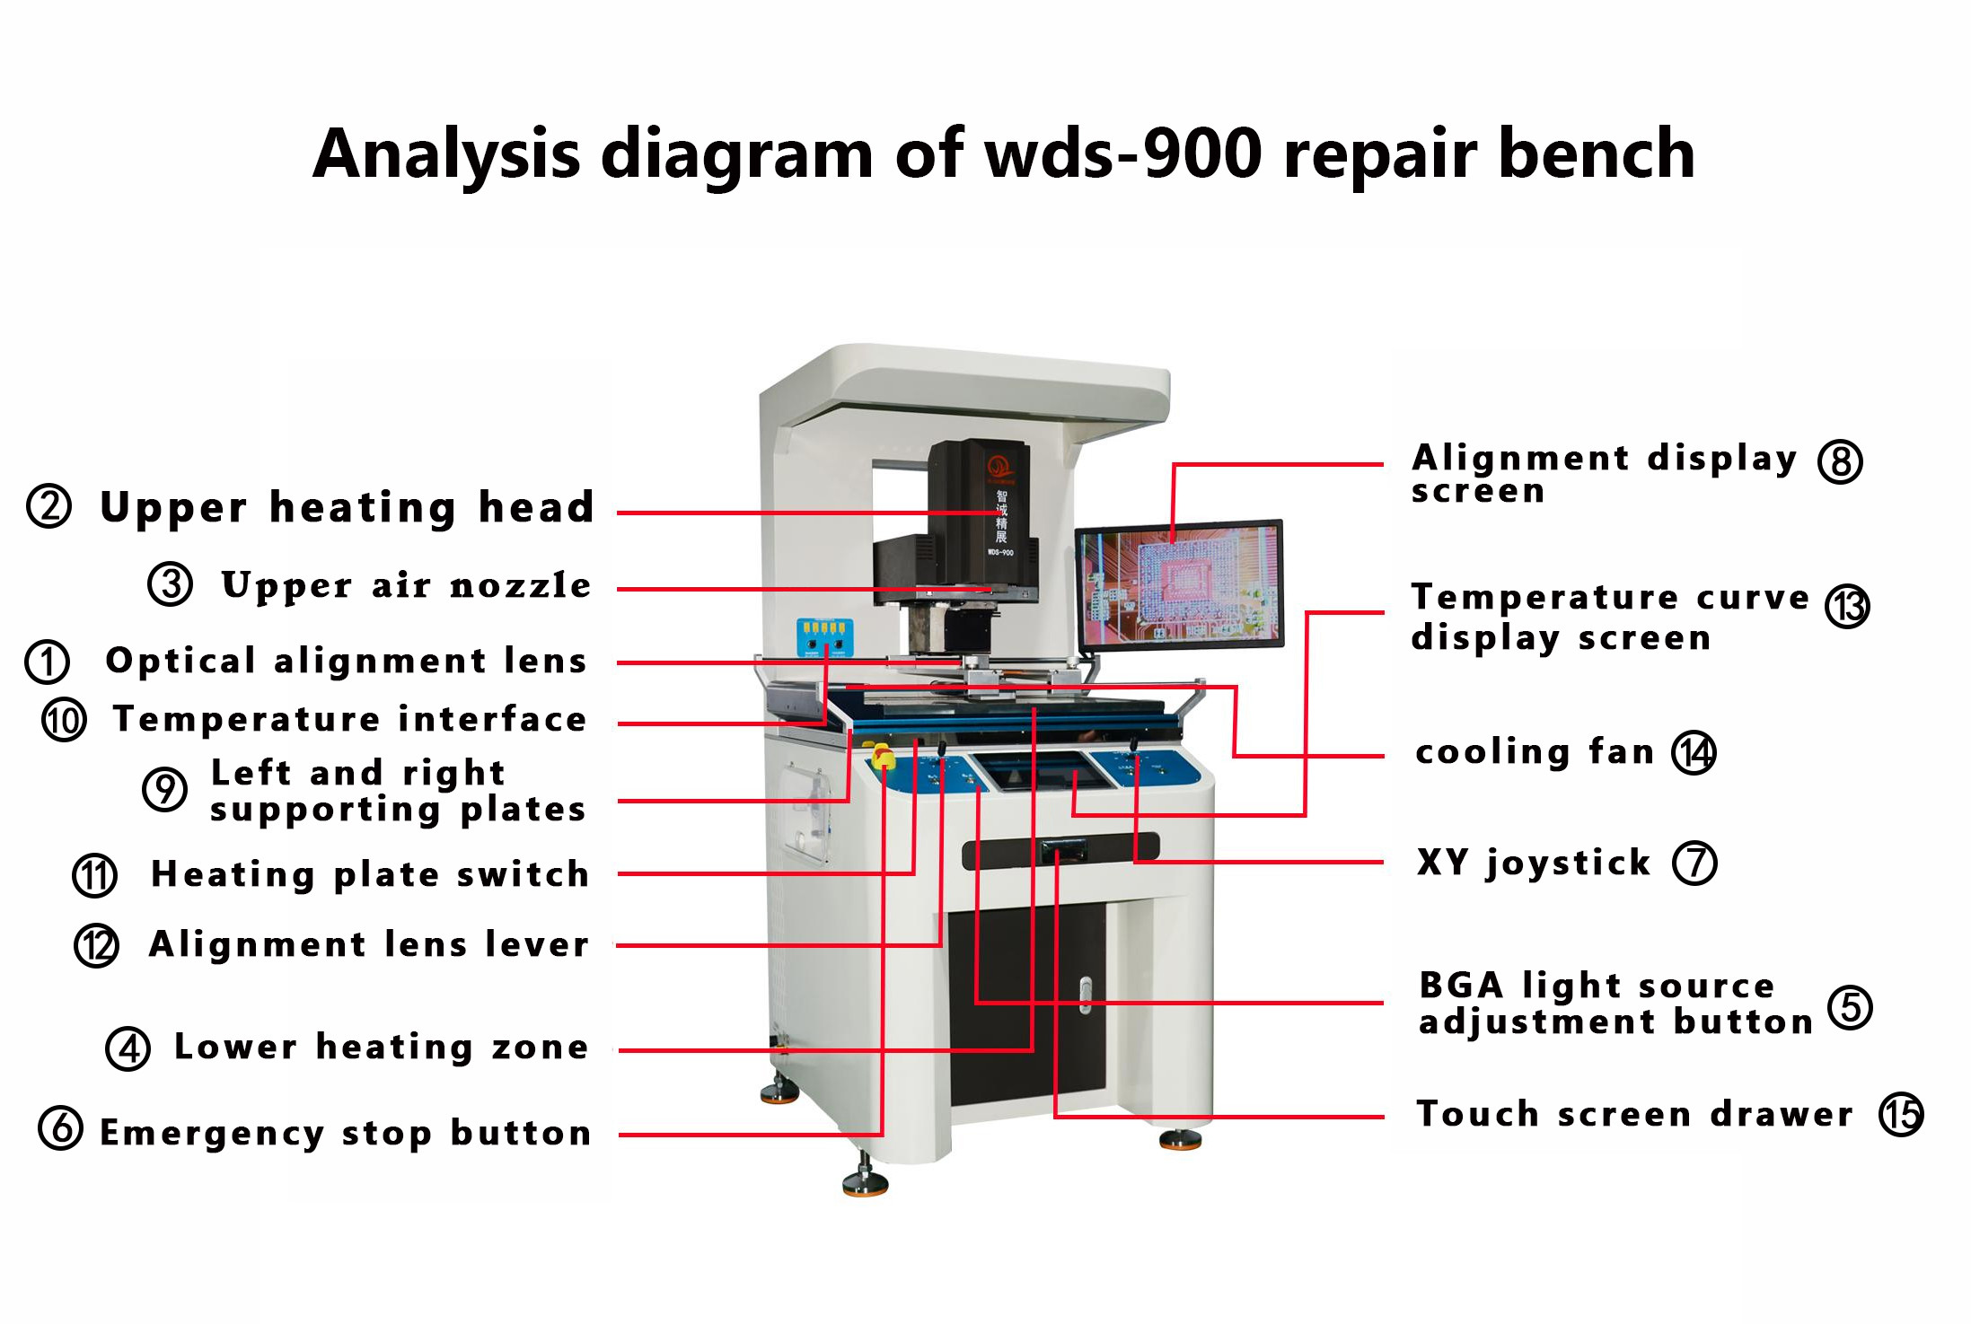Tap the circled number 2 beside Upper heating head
(x=48, y=506)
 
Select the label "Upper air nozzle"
(x=406, y=585)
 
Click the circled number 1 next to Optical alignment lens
(x=47, y=662)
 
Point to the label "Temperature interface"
(x=349, y=719)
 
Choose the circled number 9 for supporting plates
(x=164, y=790)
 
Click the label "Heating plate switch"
(x=370, y=874)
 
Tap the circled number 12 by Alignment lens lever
(x=96, y=945)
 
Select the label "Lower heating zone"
(x=382, y=1047)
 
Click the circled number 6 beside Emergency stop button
(x=60, y=1128)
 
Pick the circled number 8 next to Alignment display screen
(x=1840, y=462)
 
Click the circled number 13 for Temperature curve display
(x=1847, y=607)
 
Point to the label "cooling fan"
(x=1535, y=751)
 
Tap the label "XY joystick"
(x=1534, y=863)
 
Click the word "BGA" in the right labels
(x=1461, y=986)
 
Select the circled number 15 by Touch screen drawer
(x=1901, y=1115)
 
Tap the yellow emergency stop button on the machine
(x=883, y=757)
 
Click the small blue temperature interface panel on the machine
(x=824, y=636)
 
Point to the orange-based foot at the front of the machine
(x=866, y=1185)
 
